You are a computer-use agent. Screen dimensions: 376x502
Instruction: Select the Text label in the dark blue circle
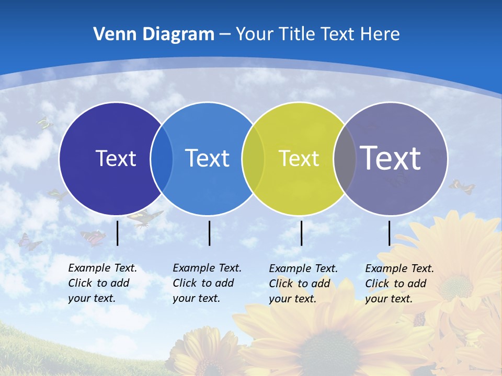[x=116, y=158]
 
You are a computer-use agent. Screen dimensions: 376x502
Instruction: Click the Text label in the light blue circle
[x=208, y=158]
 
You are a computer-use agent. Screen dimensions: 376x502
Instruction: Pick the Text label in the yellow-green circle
[x=299, y=158]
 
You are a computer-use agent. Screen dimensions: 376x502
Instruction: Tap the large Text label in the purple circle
[x=391, y=158]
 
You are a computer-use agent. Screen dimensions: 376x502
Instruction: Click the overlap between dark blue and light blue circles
[x=162, y=158]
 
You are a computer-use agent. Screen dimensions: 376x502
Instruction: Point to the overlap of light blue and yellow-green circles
[x=254, y=158]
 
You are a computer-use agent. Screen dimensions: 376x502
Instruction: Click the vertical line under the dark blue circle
[x=118, y=233]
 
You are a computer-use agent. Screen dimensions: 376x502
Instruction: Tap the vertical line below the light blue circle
[x=210, y=233]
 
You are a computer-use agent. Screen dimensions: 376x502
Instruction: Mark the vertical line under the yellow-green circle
[x=302, y=233]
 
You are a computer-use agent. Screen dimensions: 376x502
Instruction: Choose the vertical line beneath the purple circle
[x=390, y=233]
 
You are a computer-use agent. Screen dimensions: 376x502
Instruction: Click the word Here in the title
[x=380, y=34]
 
